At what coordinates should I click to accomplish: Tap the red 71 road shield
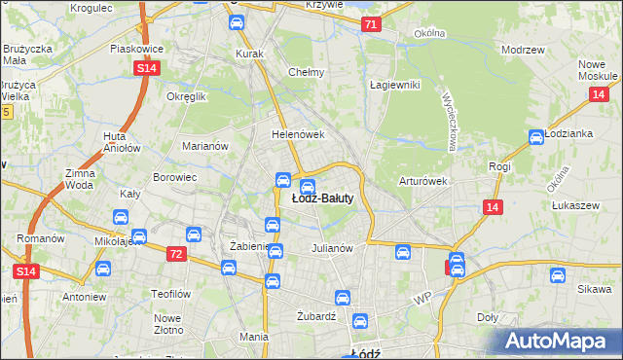(370, 24)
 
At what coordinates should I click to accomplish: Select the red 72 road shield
(175, 254)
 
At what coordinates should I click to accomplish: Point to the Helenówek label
(297, 135)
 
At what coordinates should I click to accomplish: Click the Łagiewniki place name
(394, 85)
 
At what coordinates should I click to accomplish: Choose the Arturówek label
(422, 181)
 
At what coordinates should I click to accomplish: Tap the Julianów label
(331, 247)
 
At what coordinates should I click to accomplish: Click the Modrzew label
(521, 49)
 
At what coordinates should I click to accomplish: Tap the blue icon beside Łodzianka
(534, 138)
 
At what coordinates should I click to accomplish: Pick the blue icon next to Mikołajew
(139, 235)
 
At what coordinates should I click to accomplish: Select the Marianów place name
(204, 147)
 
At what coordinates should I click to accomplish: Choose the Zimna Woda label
(80, 178)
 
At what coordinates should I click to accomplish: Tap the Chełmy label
(306, 72)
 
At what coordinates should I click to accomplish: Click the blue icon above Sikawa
(557, 275)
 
